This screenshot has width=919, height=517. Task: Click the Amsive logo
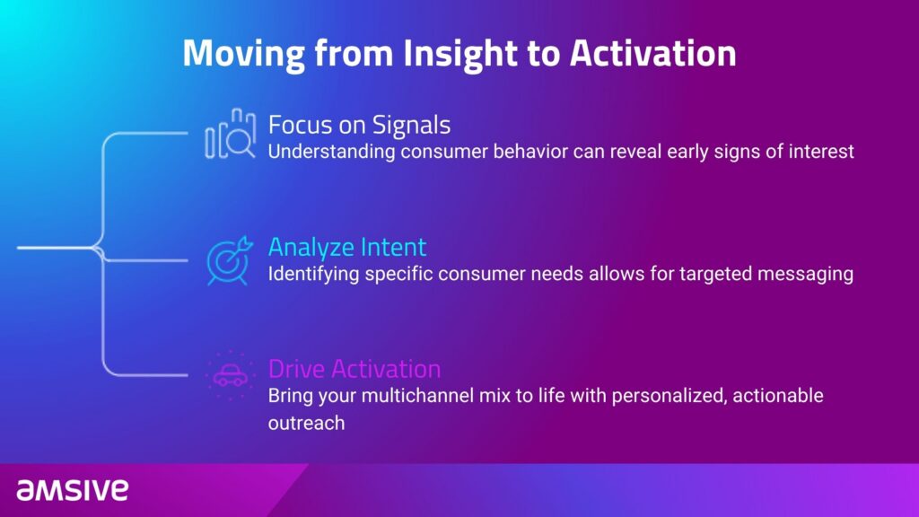(x=72, y=490)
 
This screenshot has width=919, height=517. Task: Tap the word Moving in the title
(x=244, y=54)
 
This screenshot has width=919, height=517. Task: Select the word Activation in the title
(x=653, y=53)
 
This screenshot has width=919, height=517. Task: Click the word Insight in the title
(x=460, y=54)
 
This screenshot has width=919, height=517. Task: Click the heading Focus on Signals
(x=359, y=125)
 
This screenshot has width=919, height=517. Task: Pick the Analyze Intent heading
(x=347, y=248)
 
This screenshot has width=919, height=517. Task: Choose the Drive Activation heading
(x=354, y=369)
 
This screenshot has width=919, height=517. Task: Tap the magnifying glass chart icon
(x=231, y=134)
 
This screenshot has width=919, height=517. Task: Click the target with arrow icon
(x=230, y=260)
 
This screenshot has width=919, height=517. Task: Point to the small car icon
(x=231, y=375)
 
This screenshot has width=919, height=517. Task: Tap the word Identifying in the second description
(x=313, y=274)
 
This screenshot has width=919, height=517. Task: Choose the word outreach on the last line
(x=307, y=423)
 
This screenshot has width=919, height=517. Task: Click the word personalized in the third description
(x=669, y=396)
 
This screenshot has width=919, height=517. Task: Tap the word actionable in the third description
(x=778, y=396)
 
